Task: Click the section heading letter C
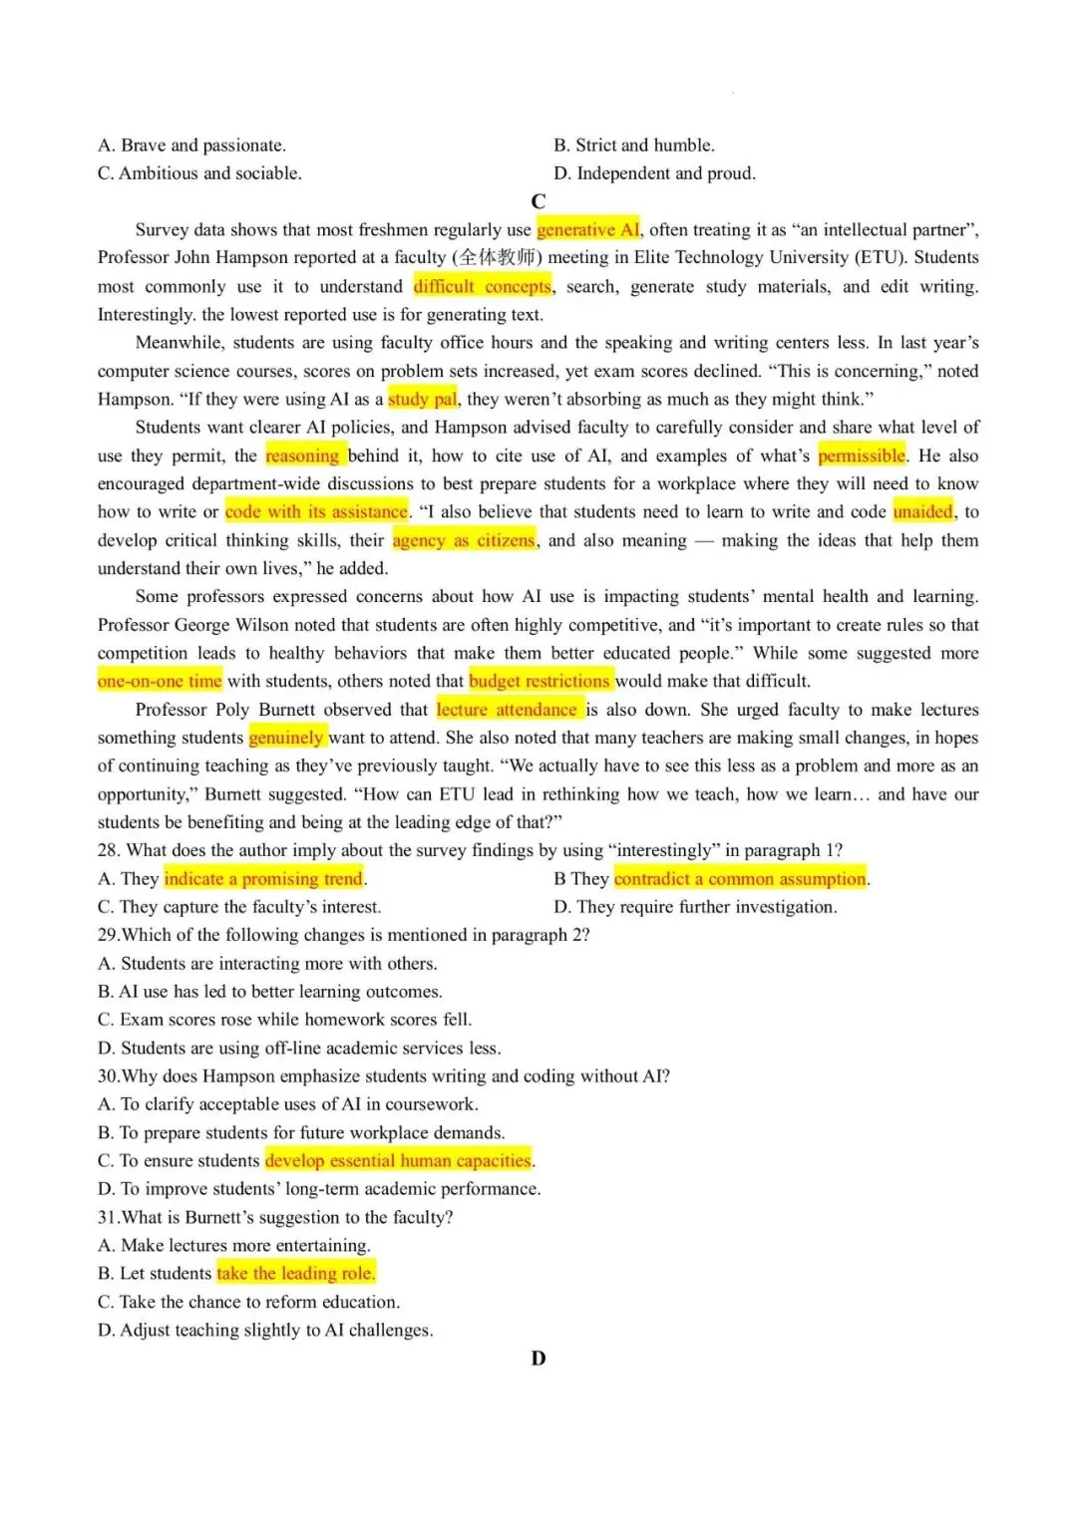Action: click(x=538, y=201)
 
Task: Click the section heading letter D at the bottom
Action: click(x=538, y=1359)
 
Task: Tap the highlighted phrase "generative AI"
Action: click(x=588, y=229)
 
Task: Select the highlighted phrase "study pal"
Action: click(x=422, y=399)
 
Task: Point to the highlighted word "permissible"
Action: click(x=862, y=456)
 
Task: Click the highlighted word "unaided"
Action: click(x=922, y=511)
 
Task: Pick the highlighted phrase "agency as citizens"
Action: click(x=464, y=540)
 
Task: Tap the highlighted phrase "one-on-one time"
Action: click(x=160, y=681)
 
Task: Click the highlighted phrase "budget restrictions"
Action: click(x=539, y=681)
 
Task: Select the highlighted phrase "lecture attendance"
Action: click(x=508, y=710)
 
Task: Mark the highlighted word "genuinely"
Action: click(x=286, y=738)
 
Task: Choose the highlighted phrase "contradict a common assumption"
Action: click(x=740, y=878)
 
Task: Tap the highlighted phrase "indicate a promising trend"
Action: click(x=263, y=878)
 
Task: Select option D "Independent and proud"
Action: click(x=654, y=173)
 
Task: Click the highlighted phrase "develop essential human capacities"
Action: click(x=398, y=1160)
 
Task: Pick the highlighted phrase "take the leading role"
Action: click(x=295, y=1273)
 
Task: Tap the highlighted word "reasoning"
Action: click(x=303, y=456)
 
